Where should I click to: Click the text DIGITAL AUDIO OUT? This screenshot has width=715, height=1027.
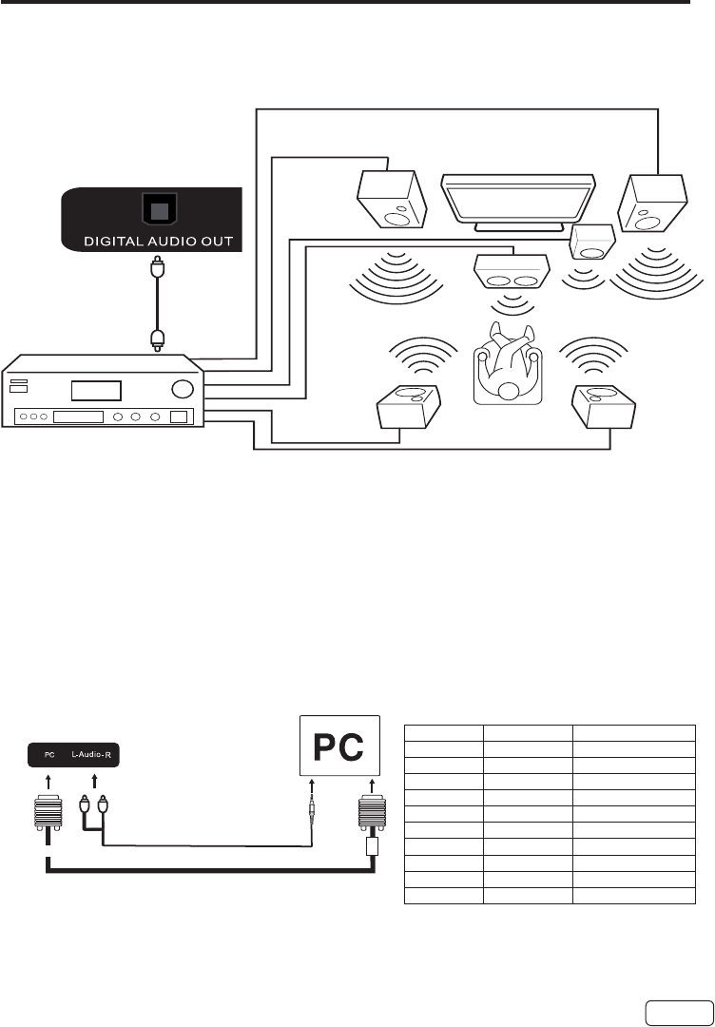[x=152, y=239]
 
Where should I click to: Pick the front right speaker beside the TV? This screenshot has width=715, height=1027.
[x=651, y=203]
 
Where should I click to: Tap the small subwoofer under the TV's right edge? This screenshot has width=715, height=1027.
[x=591, y=242]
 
